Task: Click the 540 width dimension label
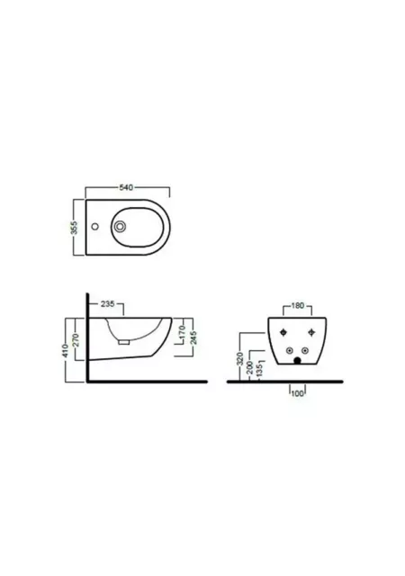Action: point(125,188)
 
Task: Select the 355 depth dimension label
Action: point(75,228)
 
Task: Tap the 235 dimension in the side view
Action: point(107,304)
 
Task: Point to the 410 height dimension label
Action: point(66,350)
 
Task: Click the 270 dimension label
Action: point(75,340)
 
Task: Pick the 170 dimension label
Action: point(182,332)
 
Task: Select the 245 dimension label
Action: point(193,337)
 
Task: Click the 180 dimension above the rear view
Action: point(297,306)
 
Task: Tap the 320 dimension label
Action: point(240,358)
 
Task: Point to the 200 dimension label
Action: point(250,367)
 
